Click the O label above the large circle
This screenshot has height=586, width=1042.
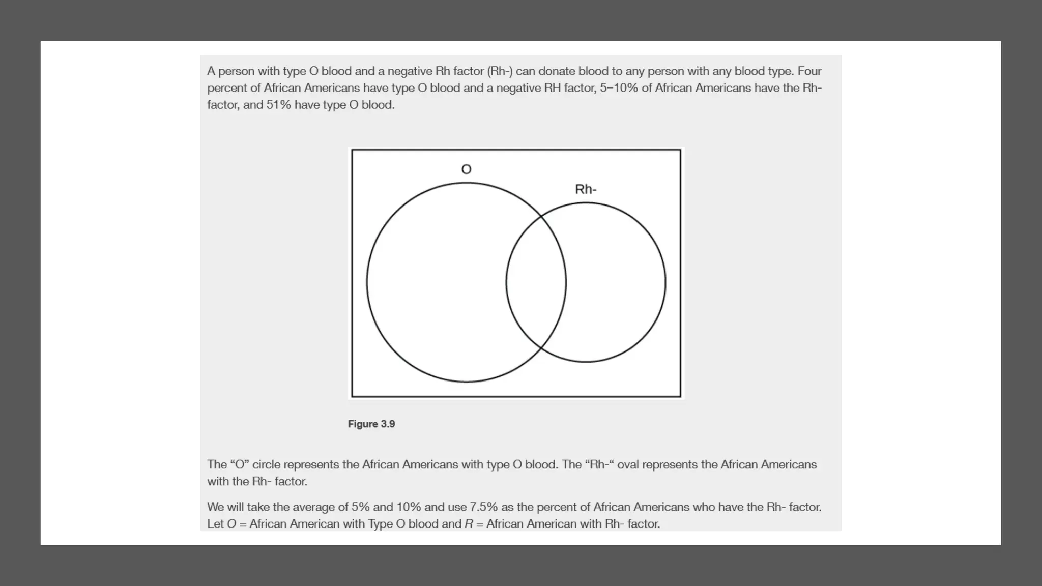pyautogui.click(x=466, y=169)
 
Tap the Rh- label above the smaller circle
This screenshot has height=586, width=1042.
pyautogui.click(x=586, y=189)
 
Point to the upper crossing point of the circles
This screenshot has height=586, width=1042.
pyautogui.click(x=541, y=216)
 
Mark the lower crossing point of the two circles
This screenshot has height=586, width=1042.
pyautogui.click(x=541, y=349)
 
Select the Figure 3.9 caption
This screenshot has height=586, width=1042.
pyautogui.click(x=371, y=424)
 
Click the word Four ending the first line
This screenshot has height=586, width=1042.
pyautogui.click(x=809, y=71)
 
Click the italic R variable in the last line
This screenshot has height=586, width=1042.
pyautogui.click(x=469, y=523)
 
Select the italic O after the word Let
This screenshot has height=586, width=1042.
pyautogui.click(x=231, y=523)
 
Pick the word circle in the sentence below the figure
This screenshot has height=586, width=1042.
pyautogui.click(x=266, y=464)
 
